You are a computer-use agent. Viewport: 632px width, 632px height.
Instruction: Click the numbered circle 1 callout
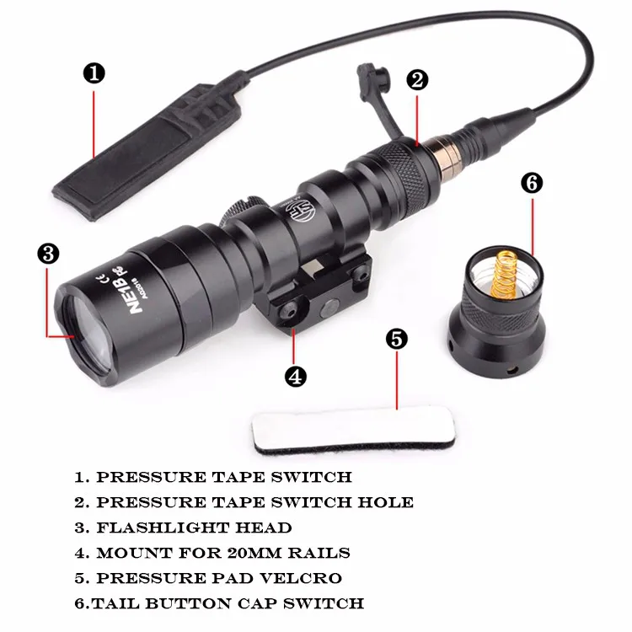94,74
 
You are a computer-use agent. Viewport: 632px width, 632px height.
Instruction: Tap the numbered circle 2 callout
417,79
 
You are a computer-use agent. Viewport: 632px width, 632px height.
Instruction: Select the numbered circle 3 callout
48,254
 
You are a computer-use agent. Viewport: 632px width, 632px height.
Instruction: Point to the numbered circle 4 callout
296,377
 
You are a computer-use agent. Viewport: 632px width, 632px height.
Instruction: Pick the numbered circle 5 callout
397,339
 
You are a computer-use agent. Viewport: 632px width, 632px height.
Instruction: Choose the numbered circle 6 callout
532,184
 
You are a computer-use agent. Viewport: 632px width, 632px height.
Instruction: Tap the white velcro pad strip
353,431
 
